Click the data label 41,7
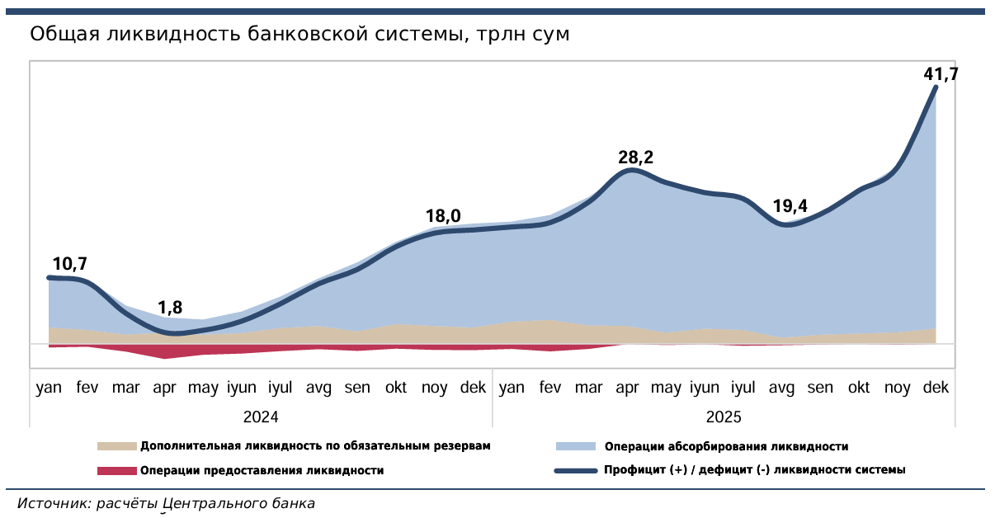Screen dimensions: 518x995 [941, 75]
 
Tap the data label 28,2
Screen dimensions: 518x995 [635, 158]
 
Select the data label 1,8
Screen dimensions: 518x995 [170, 308]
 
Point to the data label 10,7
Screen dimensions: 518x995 [69, 265]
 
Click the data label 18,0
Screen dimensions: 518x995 [443, 217]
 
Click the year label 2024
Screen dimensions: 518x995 [261, 417]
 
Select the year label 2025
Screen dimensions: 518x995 [724, 417]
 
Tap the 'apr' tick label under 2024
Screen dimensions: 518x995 [165, 388]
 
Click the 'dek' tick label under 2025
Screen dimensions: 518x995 [936, 388]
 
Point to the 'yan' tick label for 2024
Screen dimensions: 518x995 [50, 388]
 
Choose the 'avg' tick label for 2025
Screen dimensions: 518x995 [781, 388]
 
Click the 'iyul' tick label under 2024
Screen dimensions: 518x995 [281, 388]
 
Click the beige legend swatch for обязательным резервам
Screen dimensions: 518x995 [116, 446]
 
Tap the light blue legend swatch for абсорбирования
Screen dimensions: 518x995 [575, 446]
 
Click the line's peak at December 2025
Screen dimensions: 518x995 [936, 87]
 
